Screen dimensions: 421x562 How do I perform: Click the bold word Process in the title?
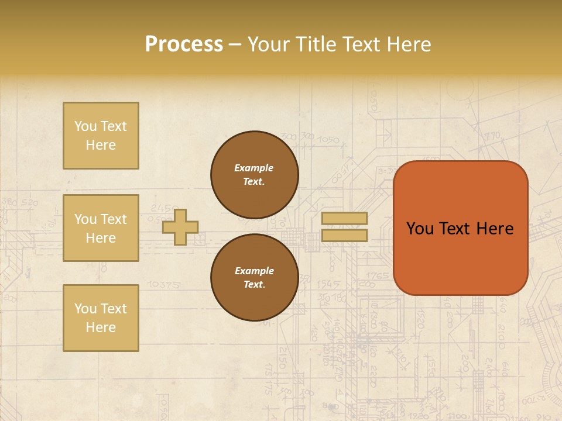(184, 44)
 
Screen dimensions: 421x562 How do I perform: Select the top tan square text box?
(101, 136)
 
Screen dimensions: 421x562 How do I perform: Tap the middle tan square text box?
(101, 228)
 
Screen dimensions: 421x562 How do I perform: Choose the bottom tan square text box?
(101, 318)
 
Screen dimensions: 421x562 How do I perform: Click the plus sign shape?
(180, 226)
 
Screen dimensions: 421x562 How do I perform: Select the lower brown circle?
(255, 278)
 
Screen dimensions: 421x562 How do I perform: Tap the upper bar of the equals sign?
(344, 218)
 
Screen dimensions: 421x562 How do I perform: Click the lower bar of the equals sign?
(344, 235)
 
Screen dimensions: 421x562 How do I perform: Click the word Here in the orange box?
(495, 229)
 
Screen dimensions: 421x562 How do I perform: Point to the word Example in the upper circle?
(253, 168)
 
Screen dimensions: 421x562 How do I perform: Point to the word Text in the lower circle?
(254, 285)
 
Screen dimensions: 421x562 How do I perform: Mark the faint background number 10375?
(164, 285)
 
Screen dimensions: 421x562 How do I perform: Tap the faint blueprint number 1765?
(379, 275)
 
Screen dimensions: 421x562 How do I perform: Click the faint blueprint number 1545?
(328, 284)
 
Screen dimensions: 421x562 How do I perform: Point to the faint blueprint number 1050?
(330, 140)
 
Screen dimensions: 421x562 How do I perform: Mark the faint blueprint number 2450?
(165, 208)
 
